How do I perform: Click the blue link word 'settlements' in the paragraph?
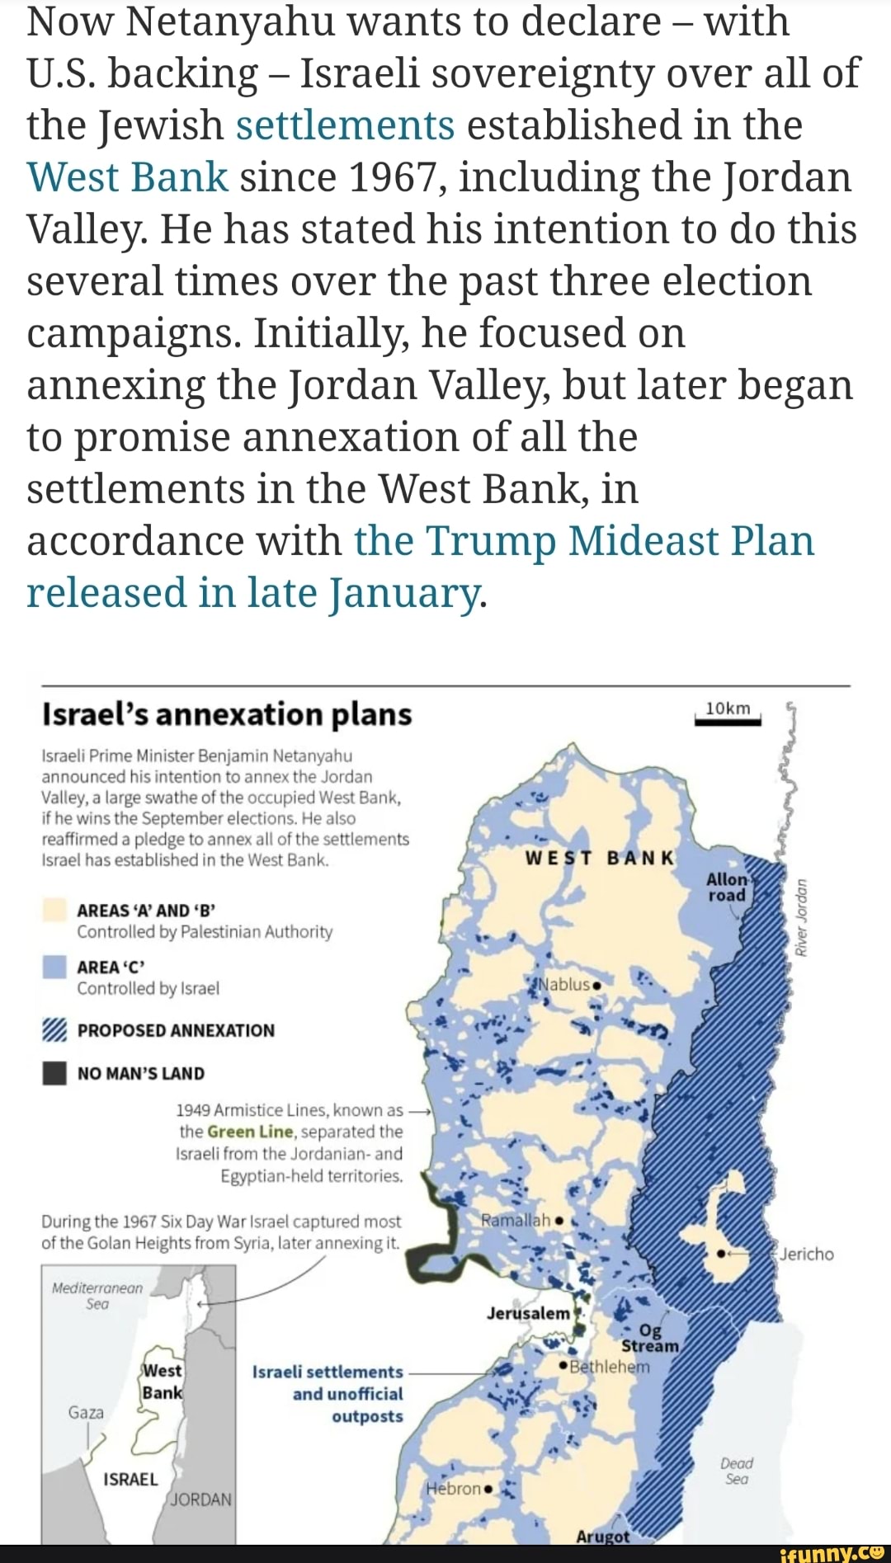pos(345,126)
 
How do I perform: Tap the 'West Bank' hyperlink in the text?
pos(127,178)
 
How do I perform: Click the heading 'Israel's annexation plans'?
pos(227,714)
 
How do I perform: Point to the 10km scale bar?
pos(728,721)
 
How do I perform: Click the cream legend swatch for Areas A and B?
pos(55,910)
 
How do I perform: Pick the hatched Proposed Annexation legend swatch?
pos(55,1030)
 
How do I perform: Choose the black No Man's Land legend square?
pos(55,1073)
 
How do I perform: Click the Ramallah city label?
pos(516,1220)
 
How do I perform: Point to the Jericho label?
pos(806,1255)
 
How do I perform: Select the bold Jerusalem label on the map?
pos(528,1313)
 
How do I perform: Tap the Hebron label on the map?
pos(454,1489)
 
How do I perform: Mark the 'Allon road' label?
pos(727,887)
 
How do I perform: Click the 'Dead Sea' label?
pos(737,1471)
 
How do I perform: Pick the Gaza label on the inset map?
pos(86,1413)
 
